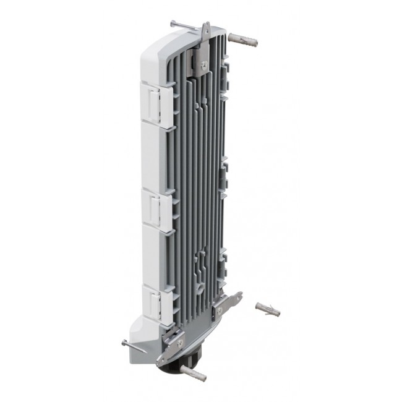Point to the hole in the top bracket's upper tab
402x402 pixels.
click(x=207, y=27)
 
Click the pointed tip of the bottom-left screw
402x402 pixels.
click(x=145, y=352)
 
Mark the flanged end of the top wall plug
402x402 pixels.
click(x=231, y=36)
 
